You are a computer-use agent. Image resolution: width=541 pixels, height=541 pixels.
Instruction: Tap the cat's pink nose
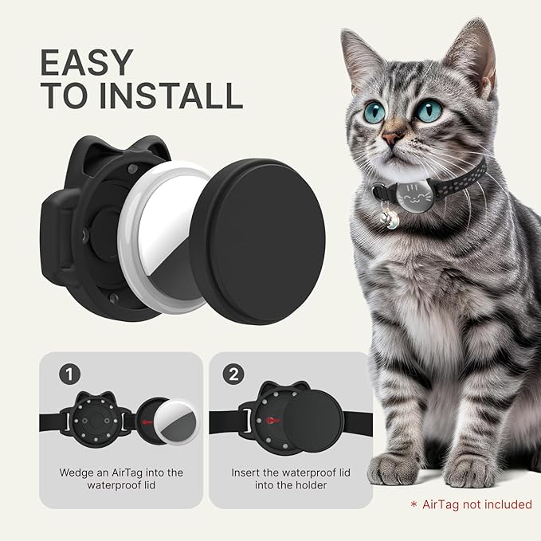tap(390, 138)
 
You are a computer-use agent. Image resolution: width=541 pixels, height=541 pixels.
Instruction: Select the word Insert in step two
tap(248, 472)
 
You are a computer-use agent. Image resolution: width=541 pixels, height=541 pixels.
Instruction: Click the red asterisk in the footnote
tap(413, 505)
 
